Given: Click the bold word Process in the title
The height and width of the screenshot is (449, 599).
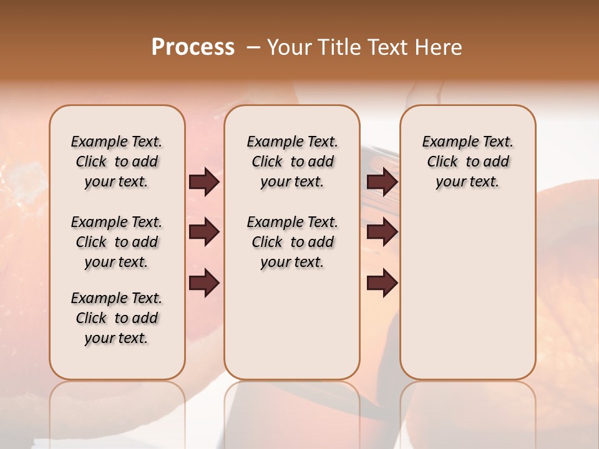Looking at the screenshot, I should click(x=193, y=47).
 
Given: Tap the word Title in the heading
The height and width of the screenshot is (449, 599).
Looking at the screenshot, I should click(x=336, y=47).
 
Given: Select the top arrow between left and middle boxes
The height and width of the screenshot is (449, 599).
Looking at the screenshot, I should click(x=204, y=182).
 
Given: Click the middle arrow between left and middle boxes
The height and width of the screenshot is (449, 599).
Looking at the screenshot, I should click(x=204, y=233).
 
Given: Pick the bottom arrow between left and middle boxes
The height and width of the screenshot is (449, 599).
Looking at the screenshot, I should click(x=204, y=282).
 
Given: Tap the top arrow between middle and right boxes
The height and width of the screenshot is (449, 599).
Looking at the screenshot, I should click(x=382, y=182).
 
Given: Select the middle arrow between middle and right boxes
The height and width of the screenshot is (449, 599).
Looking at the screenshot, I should click(x=382, y=233).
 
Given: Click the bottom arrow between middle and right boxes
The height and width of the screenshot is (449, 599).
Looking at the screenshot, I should click(x=382, y=282).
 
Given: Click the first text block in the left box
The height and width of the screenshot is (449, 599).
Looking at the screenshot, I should click(x=117, y=162).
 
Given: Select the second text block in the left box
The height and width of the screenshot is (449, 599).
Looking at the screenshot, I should click(x=117, y=242).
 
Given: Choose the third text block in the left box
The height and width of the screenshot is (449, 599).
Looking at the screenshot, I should click(x=117, y=318).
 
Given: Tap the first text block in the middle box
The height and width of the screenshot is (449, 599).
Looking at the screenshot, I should click(x=292, y=162).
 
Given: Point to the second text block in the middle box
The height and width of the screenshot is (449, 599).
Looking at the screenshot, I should click(x=292, y=242).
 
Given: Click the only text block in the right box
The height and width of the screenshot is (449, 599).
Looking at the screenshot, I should click(x=467, y=162).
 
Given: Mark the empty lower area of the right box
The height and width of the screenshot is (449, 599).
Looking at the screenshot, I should click(x=467, y=293).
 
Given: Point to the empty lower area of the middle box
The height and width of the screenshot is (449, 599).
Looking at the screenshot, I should click(x=292, y=324).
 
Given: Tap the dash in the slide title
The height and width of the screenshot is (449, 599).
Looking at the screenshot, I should click(x=253, y=47).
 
